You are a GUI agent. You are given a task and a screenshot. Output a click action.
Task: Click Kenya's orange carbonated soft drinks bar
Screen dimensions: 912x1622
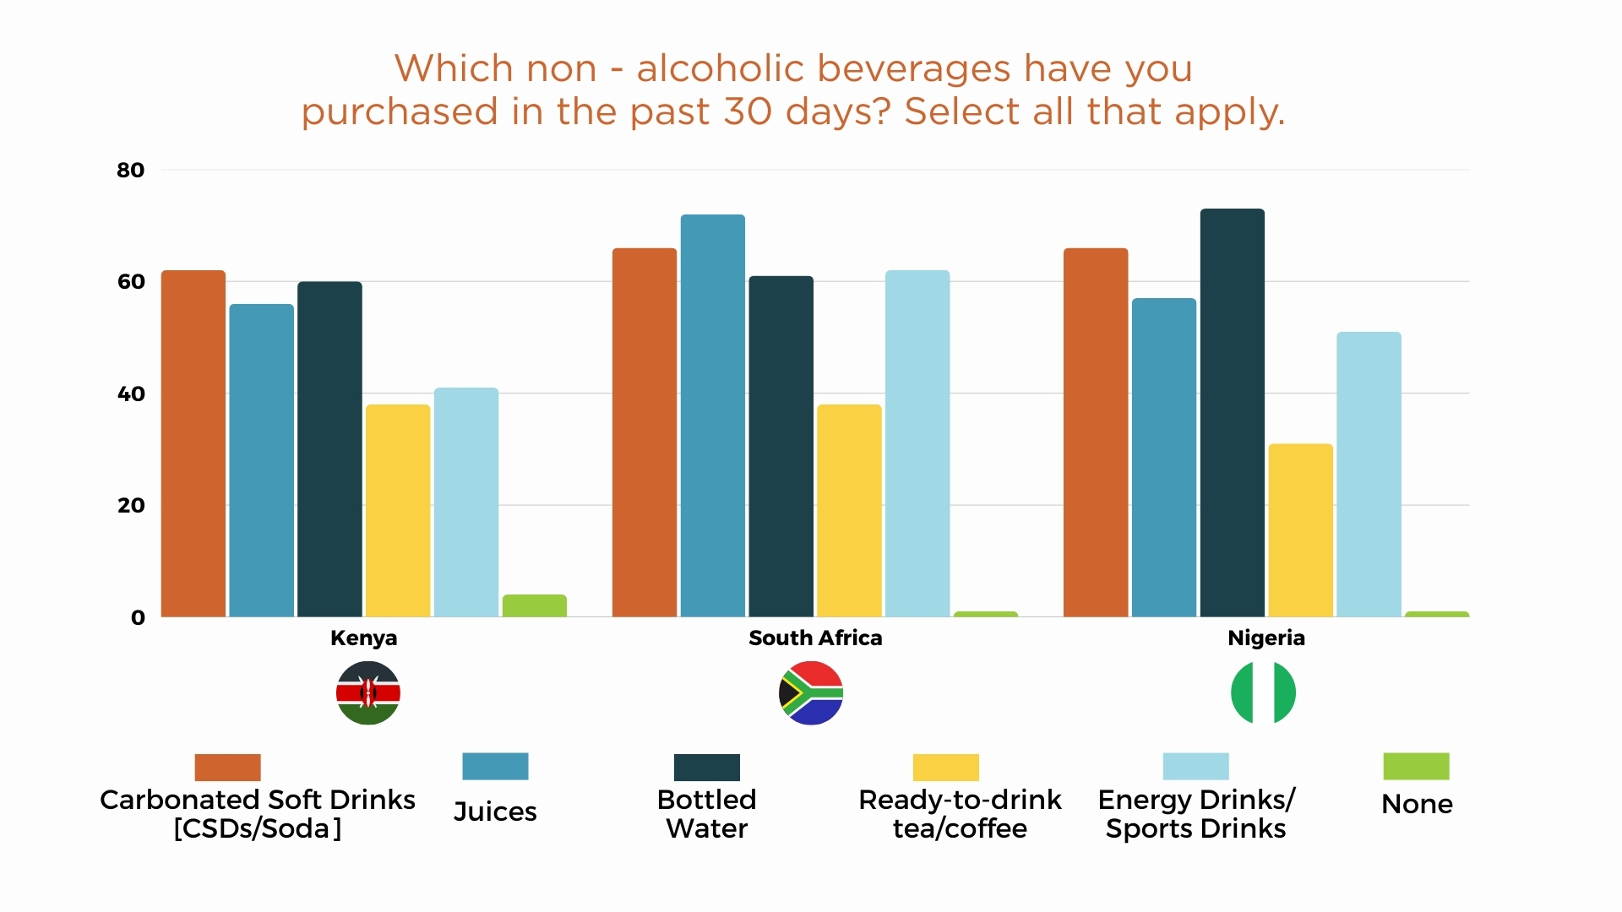point(193,443)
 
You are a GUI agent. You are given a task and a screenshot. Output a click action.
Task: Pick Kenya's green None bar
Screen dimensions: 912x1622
point(534,605)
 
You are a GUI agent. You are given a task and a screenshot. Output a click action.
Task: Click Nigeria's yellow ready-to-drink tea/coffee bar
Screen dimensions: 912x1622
point(1300,530)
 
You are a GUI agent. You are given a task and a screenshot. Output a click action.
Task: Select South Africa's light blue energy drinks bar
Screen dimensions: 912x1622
point(917,443)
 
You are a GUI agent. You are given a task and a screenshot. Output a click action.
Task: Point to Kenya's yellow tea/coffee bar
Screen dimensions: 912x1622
point(398,511)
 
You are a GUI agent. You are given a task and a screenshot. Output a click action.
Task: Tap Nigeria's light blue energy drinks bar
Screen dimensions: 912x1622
point(1369,474)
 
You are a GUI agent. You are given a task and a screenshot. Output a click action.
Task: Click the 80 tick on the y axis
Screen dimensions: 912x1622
point(131,171)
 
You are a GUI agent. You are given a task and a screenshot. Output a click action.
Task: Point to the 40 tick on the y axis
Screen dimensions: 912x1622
point(131,394)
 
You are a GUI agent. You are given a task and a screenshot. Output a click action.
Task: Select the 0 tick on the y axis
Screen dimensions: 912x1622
point(138,617)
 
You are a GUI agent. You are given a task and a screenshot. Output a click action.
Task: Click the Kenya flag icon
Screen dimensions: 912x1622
point(367,693)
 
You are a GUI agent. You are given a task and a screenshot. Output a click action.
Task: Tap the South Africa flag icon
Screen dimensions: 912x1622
point(811,693)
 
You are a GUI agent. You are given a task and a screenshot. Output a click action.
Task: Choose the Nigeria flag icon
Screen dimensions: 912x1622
point(1263,693)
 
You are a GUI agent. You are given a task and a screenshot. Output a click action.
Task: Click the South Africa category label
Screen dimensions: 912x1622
point(815,638)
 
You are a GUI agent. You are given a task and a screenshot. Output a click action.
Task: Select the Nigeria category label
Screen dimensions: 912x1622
point(1265,638)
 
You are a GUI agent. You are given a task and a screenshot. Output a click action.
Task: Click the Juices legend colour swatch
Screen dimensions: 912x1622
point(495,766)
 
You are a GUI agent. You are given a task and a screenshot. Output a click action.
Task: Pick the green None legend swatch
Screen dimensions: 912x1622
point(1416,766)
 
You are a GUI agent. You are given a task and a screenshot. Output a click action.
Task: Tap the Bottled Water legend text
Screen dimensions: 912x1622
point(707,814)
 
